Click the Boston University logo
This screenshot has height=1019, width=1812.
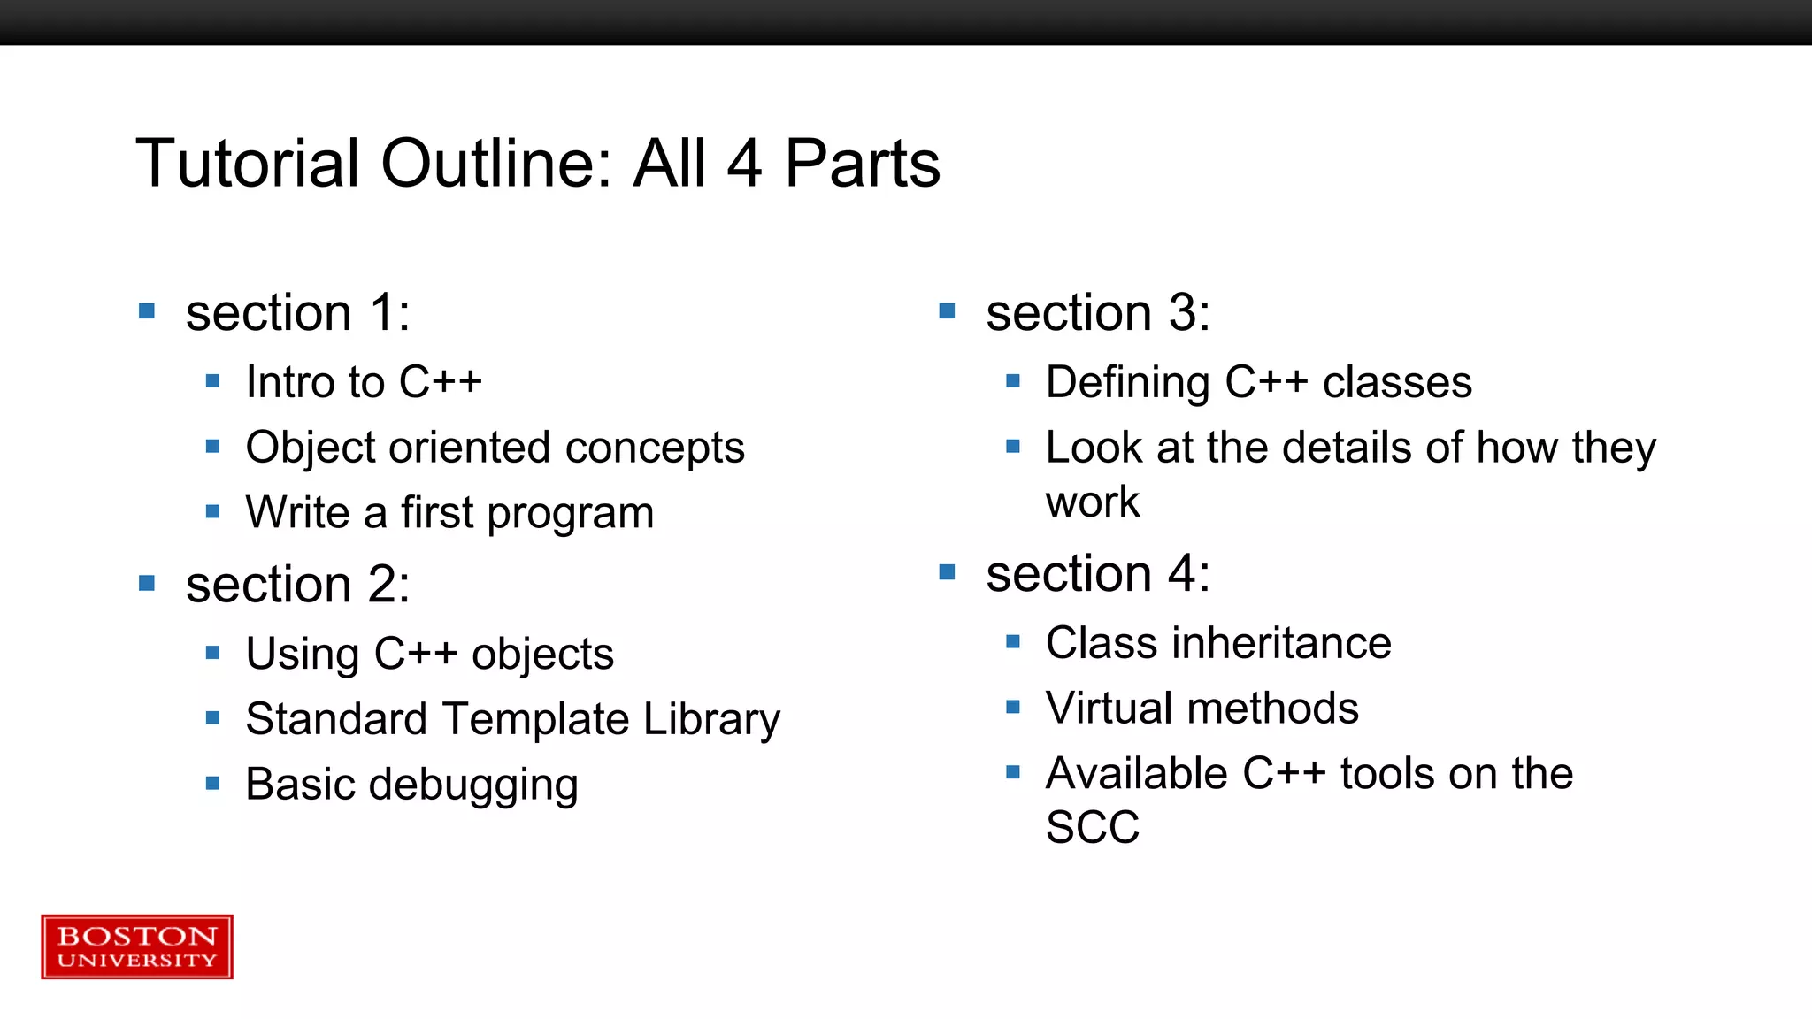[x=137, y=946]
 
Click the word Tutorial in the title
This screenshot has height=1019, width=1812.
[x=248, y=165]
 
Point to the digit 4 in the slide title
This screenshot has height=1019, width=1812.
[x=744, y=165]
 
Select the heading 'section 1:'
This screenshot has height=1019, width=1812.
[x=298, y=313]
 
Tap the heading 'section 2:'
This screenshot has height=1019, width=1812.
[x=298, y=585]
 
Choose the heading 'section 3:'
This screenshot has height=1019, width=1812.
[x=1098, y=313]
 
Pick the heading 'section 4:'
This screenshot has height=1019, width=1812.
[x=1098, y=574]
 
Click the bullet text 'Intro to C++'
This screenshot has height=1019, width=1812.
[x=364, y=382]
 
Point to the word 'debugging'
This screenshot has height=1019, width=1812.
[x=473, y=785]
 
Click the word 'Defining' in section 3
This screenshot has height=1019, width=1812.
[x=1127, y=383]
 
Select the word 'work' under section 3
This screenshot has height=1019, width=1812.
[x=1093, y=502]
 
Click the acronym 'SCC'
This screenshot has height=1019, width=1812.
[x=1093, y=828]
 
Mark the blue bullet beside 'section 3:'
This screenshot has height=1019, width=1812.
[x=947, y=311]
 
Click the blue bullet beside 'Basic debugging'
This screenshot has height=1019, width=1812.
[x=212, y=783]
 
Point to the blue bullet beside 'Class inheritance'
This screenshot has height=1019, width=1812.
[x=1013, y=641]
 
